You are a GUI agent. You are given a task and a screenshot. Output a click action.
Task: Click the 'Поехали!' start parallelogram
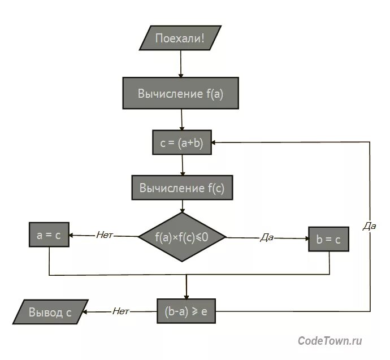[180, 38]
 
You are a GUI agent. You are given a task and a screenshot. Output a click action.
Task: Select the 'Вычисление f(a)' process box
[180, 94]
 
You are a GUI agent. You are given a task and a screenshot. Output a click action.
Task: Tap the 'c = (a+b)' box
[181, 143]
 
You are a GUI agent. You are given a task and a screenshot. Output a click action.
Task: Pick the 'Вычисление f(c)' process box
[181, 188]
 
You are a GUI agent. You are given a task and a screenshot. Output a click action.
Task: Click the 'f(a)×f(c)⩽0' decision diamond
[181, 237]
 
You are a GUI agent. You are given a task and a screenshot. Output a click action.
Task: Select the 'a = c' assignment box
[49, 236]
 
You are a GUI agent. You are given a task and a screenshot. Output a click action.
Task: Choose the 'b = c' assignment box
[328, 240]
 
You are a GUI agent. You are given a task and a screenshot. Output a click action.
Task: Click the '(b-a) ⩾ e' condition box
[186, 311]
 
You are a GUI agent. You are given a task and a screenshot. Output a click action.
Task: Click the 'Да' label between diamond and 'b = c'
[266, 238]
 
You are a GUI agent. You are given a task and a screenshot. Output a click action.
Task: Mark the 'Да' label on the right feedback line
[370, 226]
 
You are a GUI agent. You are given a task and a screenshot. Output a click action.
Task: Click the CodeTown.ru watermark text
[330, 340]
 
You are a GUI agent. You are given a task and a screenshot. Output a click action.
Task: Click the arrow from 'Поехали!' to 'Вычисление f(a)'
[180, 63]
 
